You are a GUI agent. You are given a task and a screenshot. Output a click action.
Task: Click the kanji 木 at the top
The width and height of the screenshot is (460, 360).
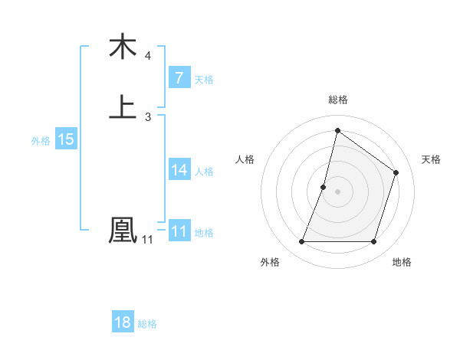tap(123, 47)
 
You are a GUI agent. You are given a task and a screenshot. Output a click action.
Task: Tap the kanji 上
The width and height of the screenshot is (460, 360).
tap(123, 106)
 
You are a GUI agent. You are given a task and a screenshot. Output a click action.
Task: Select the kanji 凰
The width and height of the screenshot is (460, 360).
tap(123, 230)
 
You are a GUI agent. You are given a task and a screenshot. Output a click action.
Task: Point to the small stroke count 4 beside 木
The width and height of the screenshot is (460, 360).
tap(147, 56)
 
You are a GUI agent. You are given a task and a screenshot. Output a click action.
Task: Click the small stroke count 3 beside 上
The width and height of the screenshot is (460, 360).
tap(147, 116)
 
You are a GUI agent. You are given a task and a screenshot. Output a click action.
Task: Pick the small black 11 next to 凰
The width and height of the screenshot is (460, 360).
tap(147, 240)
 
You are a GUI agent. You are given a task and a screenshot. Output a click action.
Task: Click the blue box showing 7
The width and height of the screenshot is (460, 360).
tap(179, 77)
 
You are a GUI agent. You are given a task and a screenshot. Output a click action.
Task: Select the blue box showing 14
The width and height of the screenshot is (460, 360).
tap(179, 170)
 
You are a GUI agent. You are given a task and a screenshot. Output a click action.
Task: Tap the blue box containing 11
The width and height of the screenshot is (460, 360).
tap(179, 231)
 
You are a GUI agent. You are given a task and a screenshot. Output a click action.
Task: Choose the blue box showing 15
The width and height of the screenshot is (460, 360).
tap(66, 139)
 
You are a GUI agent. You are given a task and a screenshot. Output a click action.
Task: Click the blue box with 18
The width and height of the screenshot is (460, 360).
tap(123, 322)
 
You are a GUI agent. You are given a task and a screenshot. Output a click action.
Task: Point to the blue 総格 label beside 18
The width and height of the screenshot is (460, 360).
tap(147, 324)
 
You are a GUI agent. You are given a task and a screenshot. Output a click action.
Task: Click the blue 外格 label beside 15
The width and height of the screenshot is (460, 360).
tap(41, 141)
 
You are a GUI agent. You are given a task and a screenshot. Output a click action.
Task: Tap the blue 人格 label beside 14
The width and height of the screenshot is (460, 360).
tap(205, 172)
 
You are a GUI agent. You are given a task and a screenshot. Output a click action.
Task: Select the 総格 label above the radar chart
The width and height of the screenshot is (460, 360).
tap(337, 100)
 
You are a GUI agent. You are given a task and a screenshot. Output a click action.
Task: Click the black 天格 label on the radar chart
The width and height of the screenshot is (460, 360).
tap(431, 159)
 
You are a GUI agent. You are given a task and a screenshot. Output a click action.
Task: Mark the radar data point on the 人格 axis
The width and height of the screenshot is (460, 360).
tap(324, 187)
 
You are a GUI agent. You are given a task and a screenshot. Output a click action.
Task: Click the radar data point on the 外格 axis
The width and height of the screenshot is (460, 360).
tap(301, 242)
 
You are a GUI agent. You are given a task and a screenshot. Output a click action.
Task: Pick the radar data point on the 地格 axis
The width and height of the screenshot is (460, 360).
tap(373, 242)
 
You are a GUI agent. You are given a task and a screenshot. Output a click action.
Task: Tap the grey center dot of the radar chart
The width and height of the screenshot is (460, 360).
tap(337, 191)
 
